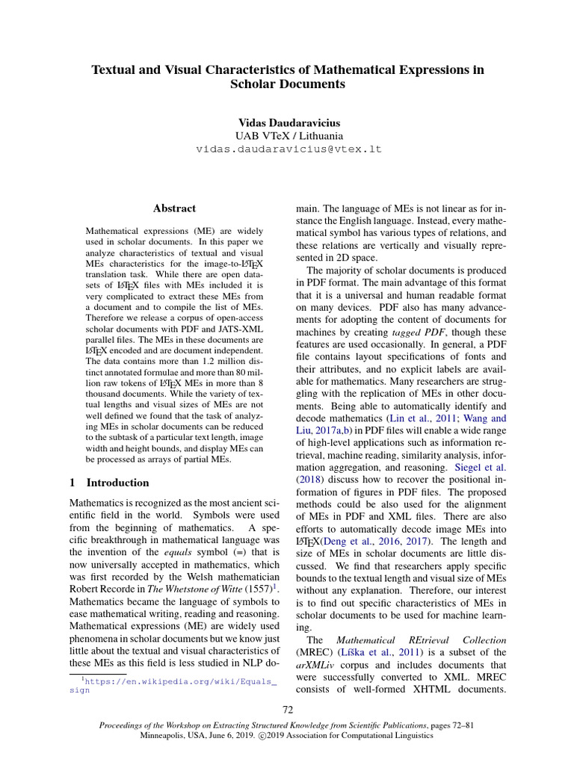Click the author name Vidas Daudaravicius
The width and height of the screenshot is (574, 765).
click(x=288, y=122)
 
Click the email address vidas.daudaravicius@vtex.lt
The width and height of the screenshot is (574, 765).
click(x=288, y=149)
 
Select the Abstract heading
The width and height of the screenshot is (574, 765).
click(x=174, y=208)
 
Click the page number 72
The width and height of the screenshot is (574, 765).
click(x=288, y=709)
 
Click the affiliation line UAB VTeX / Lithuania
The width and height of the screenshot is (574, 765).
click(x=288, y=136)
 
